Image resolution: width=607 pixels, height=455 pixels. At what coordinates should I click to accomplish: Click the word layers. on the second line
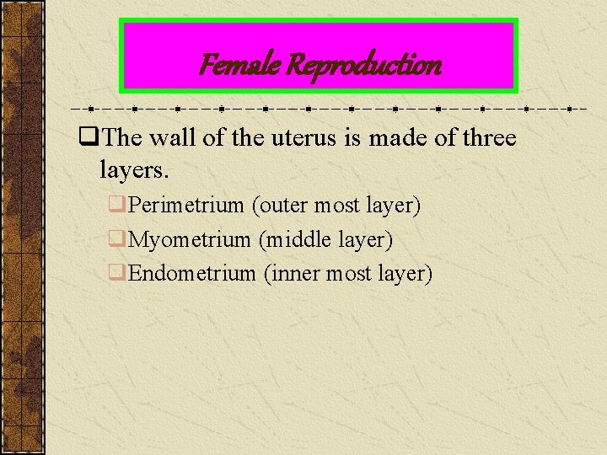[135, 170]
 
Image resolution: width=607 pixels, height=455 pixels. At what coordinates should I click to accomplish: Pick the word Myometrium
[190, 239]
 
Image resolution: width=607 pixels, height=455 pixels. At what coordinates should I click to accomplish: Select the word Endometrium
[191, 273]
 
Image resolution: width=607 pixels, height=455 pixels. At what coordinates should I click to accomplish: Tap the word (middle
[295, 239]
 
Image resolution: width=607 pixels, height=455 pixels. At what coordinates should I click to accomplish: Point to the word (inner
[292, 273]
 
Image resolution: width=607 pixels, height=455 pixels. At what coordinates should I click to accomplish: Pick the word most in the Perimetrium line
[336, 205]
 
